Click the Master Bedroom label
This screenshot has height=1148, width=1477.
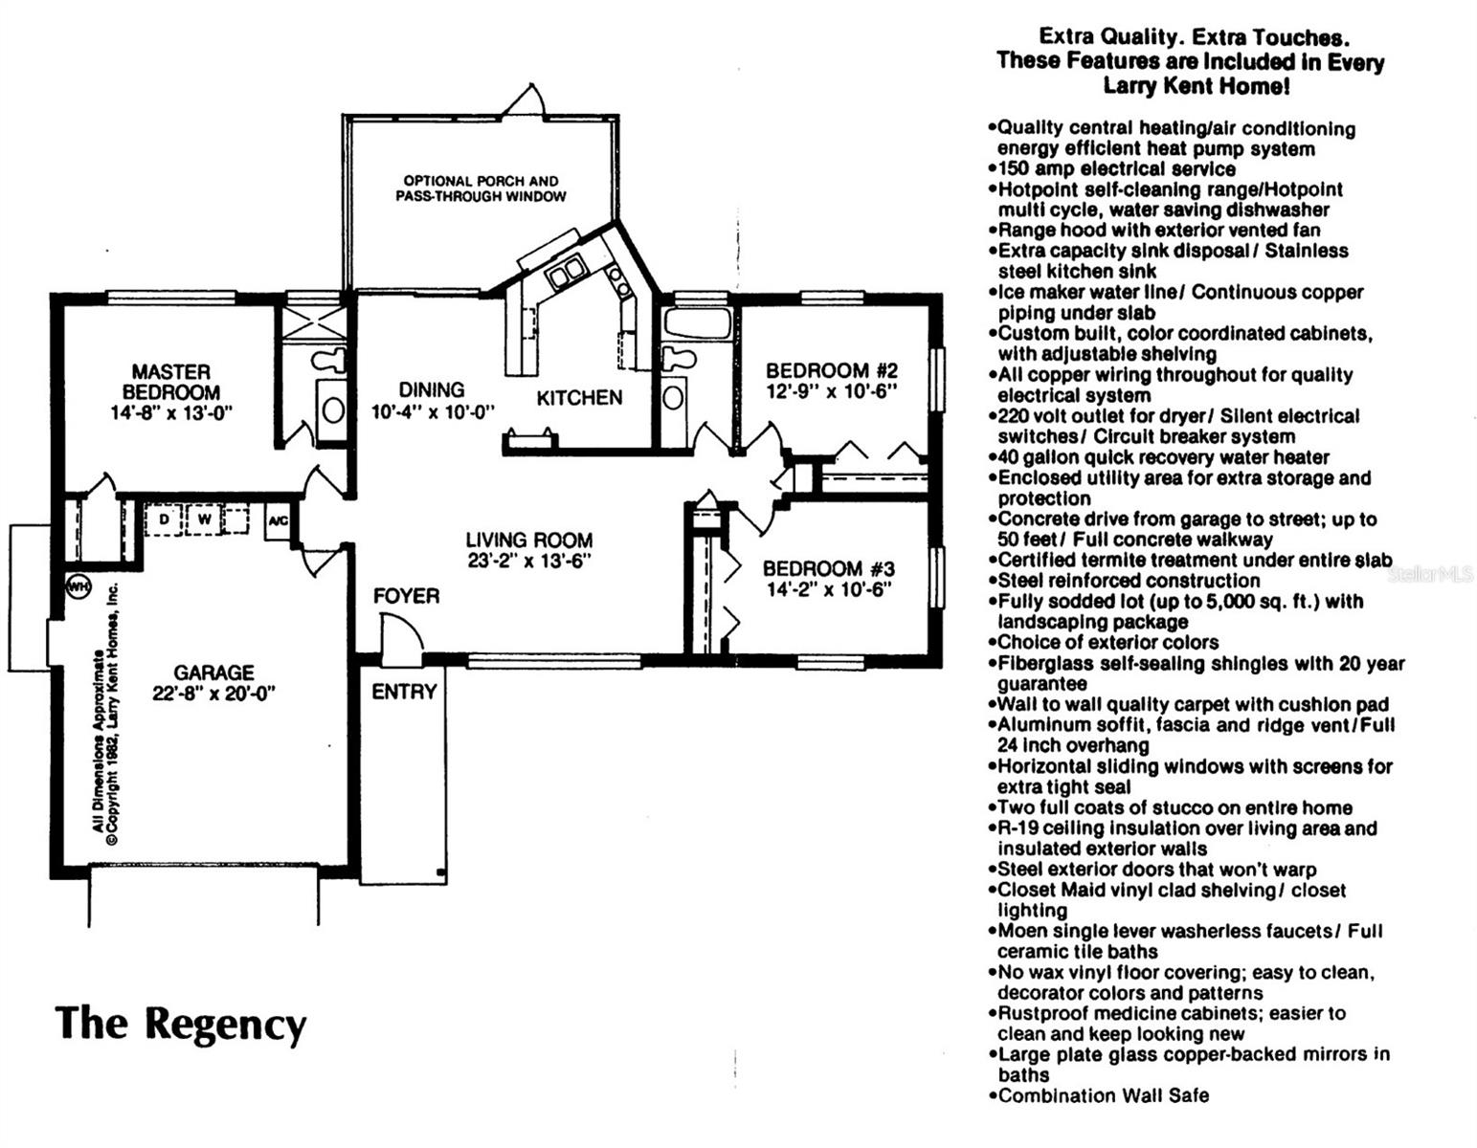tap(171, 382)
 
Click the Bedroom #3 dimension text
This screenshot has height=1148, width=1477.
tap(829, 590)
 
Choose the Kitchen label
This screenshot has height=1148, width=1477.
tap(579, 398)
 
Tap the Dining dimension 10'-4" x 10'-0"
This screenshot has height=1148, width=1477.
tap(433, 412)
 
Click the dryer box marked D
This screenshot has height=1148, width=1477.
tap(164, 519)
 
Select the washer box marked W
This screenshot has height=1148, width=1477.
tap(204, 519)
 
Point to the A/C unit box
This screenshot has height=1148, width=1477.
tap(278, 521)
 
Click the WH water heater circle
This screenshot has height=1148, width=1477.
tap(77, 586)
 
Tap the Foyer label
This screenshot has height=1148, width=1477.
tap(407, 596)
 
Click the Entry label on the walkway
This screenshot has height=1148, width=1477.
tap(404, 692)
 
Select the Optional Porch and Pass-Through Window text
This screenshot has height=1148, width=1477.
tap(481, 188)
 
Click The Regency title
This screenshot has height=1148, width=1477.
tap(181, 1023)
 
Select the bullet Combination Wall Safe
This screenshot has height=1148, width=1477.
tap(1103, 1095)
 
